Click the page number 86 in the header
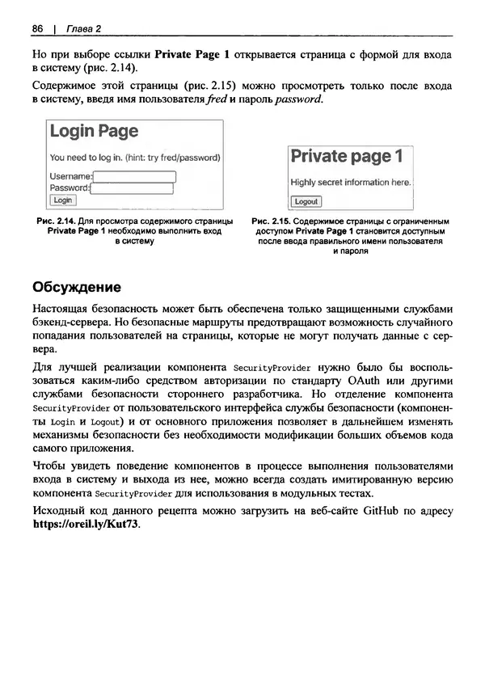tap(37, 29)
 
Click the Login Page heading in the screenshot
tap(94, 132)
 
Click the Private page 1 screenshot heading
tap(346, 156)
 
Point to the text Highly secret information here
tap(351, 183)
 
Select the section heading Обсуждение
tap(77, 287)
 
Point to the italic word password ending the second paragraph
tap(298, 99)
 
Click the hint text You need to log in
tap(135, 157)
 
